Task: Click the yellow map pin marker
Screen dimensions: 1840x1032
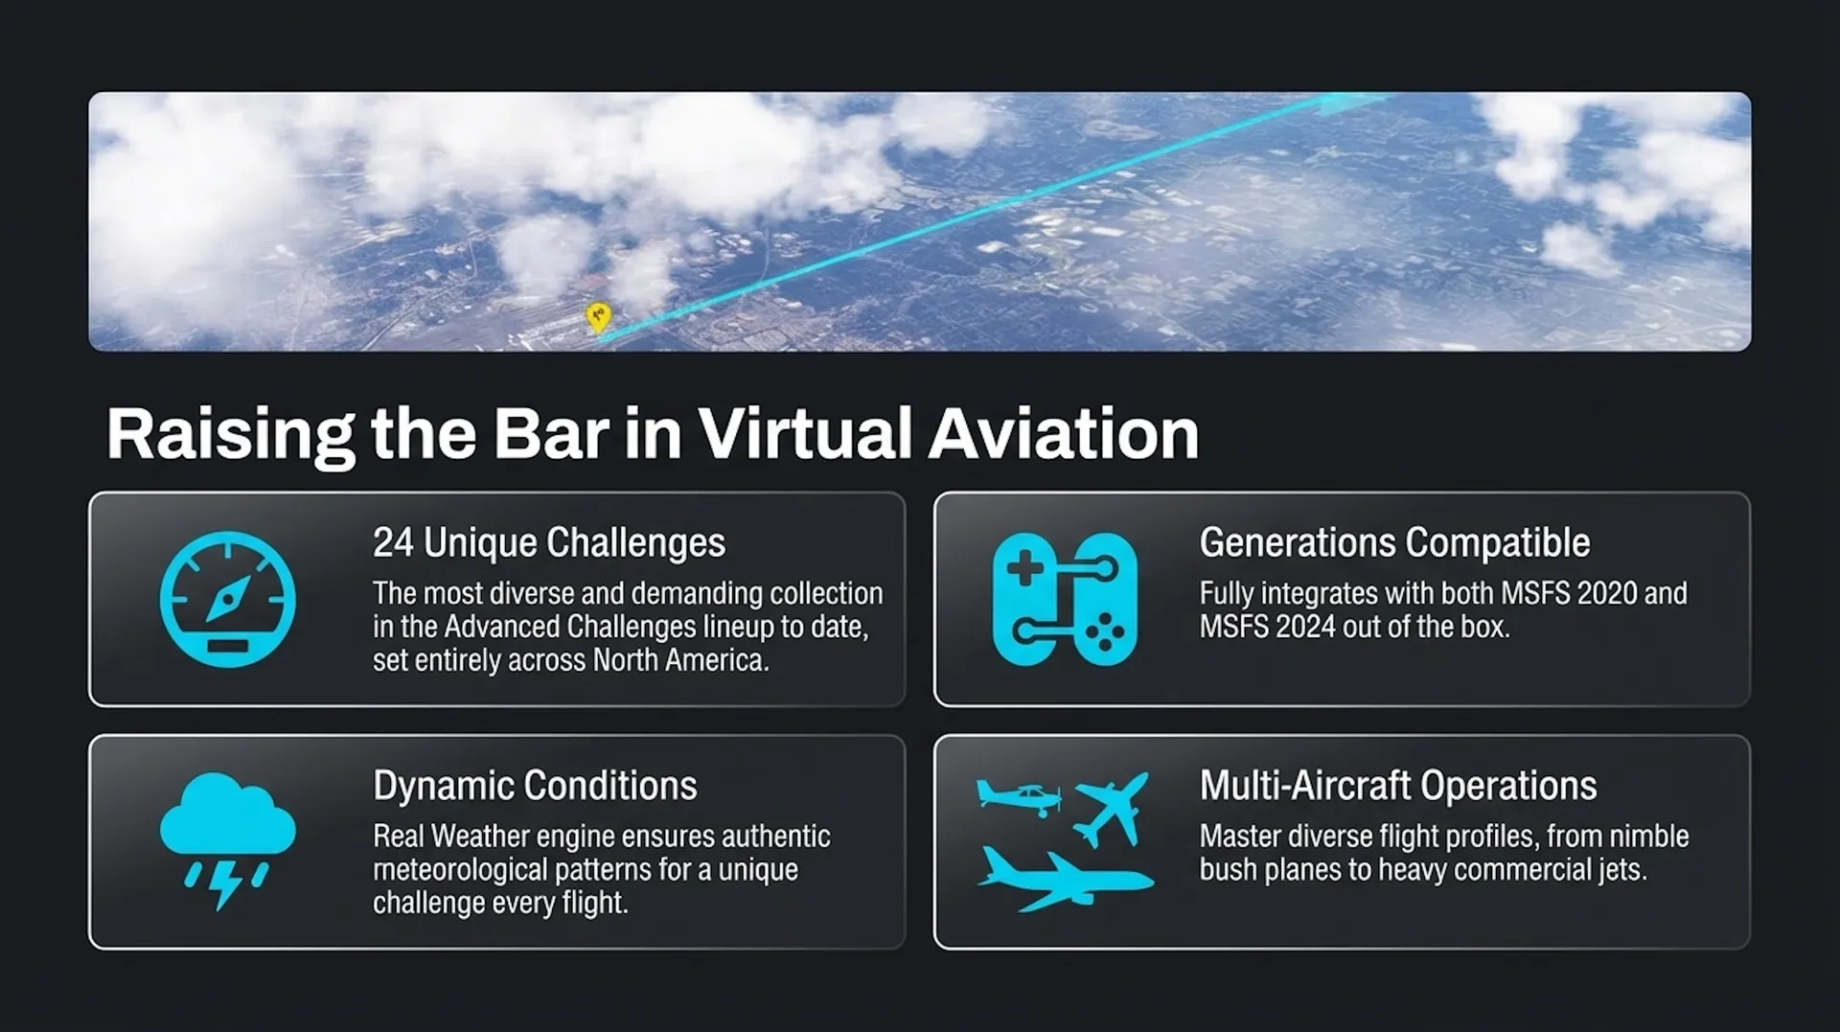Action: [598, 317]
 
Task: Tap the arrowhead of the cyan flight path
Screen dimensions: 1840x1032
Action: [1350, 103]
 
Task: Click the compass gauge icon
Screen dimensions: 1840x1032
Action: [228, 599]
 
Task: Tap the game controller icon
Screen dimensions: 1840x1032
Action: [1065, 599]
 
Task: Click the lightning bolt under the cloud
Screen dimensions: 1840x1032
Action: [225, 884]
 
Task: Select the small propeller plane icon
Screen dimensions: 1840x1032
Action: [1018, 797]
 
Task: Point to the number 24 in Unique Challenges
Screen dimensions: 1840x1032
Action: [393, 543]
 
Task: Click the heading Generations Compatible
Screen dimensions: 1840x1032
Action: [1394, 543]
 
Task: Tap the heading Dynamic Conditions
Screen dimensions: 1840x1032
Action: [535, 786]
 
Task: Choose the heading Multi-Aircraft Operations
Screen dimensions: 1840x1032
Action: [1398, 786]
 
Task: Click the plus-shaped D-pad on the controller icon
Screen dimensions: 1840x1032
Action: [1024, 568]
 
